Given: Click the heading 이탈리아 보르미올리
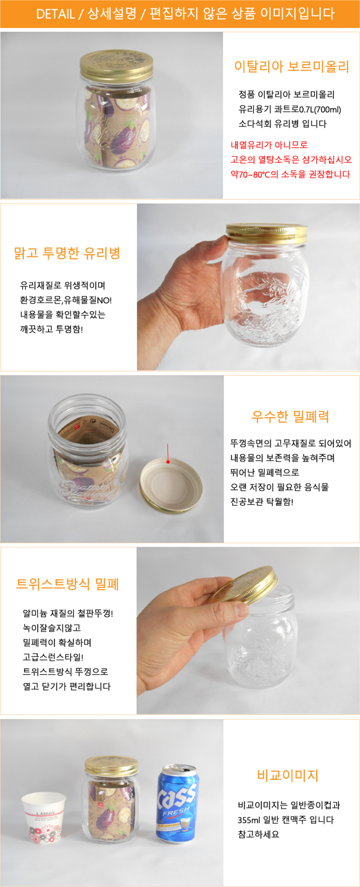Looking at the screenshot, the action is coord(291,67).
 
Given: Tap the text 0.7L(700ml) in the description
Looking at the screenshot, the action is coord(320,109).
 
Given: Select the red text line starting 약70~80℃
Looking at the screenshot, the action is coord(290,174).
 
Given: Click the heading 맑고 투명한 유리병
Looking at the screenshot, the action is coord(67,253).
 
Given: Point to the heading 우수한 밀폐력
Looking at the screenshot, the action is coord(290,416).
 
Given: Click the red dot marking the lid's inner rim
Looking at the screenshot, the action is coord(168,462).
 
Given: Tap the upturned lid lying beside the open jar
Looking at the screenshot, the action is coord(171,485).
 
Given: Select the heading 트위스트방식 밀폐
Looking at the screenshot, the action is coord(67,583).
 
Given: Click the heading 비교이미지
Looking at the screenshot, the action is coord(288,775).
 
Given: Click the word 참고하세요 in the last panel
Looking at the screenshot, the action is coord(259,834).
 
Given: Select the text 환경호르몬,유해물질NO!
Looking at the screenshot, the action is coord(66,300).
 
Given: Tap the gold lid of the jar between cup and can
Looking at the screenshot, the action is coord(111,766).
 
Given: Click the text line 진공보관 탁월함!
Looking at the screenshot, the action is coord(262,502).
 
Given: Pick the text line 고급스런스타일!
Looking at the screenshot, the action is coord(53,657).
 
